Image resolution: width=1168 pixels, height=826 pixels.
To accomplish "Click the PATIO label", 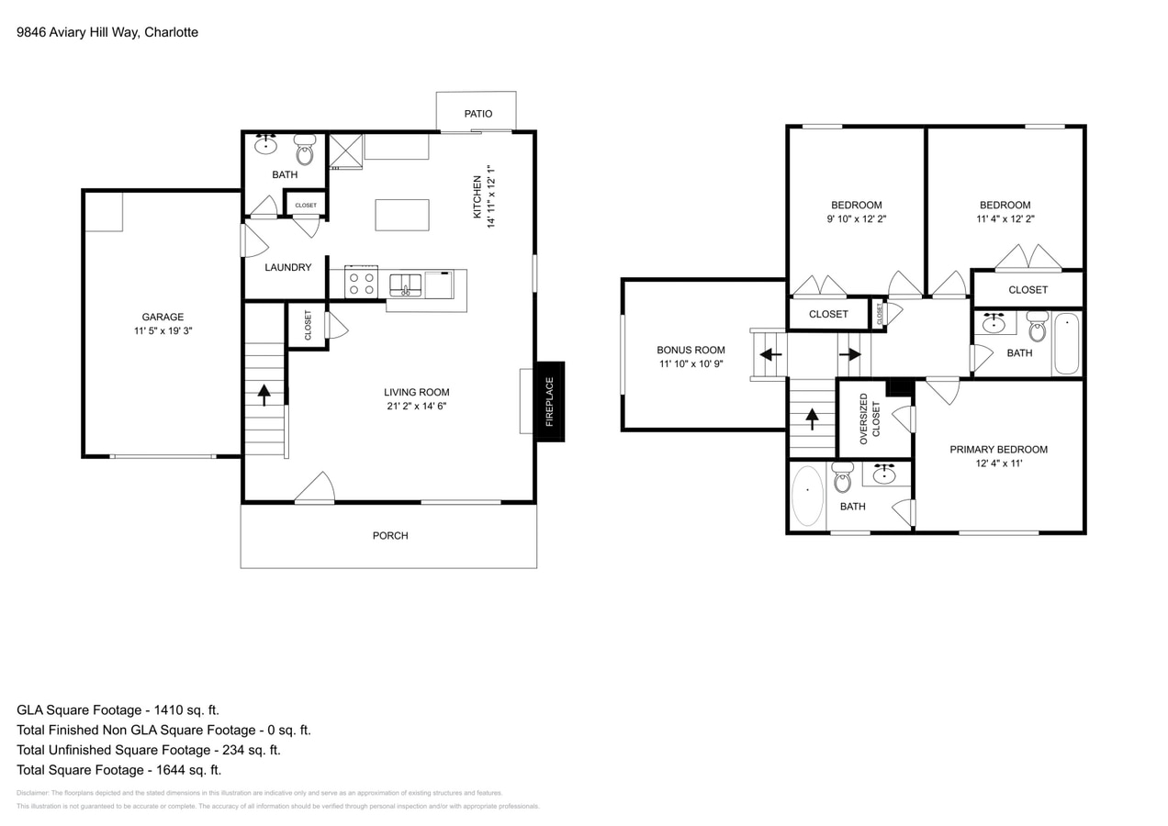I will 477,114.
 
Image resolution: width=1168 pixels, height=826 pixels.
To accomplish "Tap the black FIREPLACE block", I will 550,402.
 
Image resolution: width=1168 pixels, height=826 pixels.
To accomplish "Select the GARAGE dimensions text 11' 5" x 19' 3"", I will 163,331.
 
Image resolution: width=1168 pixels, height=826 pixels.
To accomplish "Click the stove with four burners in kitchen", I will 361,283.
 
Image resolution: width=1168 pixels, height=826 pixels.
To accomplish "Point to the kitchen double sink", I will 405,285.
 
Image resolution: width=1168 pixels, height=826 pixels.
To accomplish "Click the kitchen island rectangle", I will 402,215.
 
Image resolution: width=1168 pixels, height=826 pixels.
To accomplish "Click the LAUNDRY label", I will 288,268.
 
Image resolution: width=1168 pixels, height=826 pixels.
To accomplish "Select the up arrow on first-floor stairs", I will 264,395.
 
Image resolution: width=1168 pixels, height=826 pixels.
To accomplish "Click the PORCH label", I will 390,536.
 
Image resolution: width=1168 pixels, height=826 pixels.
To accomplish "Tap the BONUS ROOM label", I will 691,350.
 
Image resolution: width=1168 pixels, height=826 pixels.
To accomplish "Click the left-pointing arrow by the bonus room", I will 770,354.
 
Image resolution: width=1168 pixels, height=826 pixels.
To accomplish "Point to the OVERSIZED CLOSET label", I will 870,419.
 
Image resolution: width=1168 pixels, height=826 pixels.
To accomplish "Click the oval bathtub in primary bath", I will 807,497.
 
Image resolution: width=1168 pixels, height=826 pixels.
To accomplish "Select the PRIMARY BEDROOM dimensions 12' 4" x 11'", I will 998,463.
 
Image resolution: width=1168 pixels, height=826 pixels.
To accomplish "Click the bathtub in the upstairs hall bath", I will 1066,344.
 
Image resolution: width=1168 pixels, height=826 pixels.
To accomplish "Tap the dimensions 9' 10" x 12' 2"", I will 856,219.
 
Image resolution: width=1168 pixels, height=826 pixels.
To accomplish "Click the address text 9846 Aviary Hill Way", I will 78,32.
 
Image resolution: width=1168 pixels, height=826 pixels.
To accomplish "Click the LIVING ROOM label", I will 416,393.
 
